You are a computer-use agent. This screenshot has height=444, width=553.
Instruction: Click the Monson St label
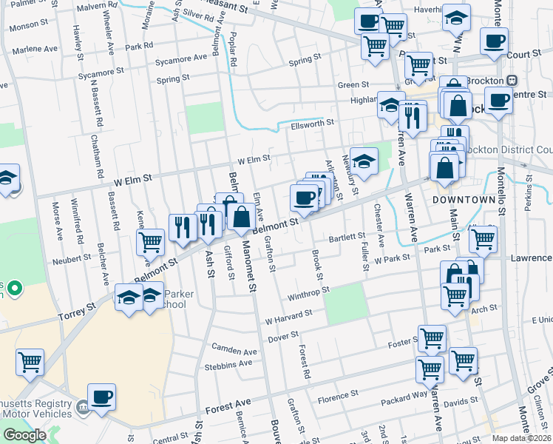pyautogui.click(x=27, y=26)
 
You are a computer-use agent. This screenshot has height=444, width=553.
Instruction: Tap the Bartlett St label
pyautogui.click(x=347, y=237)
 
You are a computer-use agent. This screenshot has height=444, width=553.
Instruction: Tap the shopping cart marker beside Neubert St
pyautogui.click(x=151, y=241)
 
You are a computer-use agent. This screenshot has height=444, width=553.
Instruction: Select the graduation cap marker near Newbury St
pyautogui.click(x=363, y=160)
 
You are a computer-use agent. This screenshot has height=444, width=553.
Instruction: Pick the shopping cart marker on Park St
pyautogui.click(x=482, y=239)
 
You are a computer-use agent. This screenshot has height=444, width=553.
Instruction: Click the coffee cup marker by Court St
pyautogui.click(x=494, y=41)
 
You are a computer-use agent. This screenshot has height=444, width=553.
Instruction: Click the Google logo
pyautogui.click(x=24, y=435)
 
